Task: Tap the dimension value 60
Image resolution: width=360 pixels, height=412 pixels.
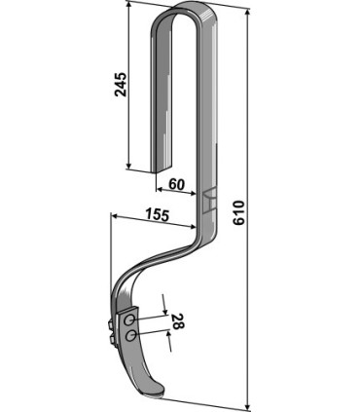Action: pos(178,183)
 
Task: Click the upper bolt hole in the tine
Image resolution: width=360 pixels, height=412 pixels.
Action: pos(130,319)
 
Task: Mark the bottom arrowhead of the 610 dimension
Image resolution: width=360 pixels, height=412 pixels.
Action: pos(250,407)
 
